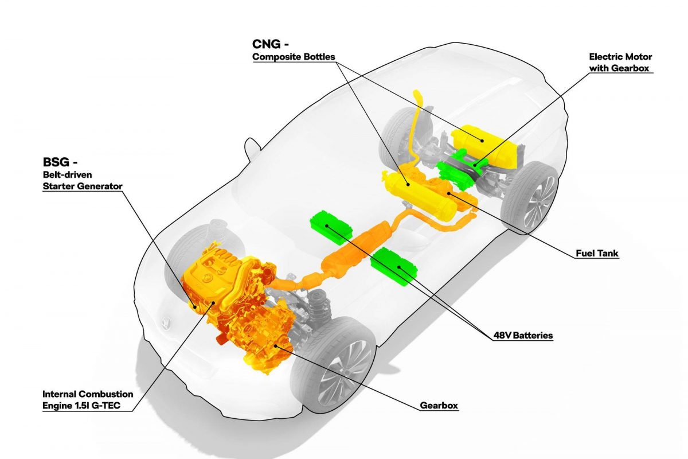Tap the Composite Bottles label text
coord(294,57)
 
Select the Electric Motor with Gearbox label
coord(620,63)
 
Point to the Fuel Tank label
coord(597,254)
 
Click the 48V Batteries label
coord(523,336)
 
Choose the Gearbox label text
coord(439,406)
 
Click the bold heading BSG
coord(56,162)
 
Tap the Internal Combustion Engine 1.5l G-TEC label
coord(88,400)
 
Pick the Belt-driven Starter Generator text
coord(83,181)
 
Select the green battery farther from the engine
coord(331,227)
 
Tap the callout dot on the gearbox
coord(276,346)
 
